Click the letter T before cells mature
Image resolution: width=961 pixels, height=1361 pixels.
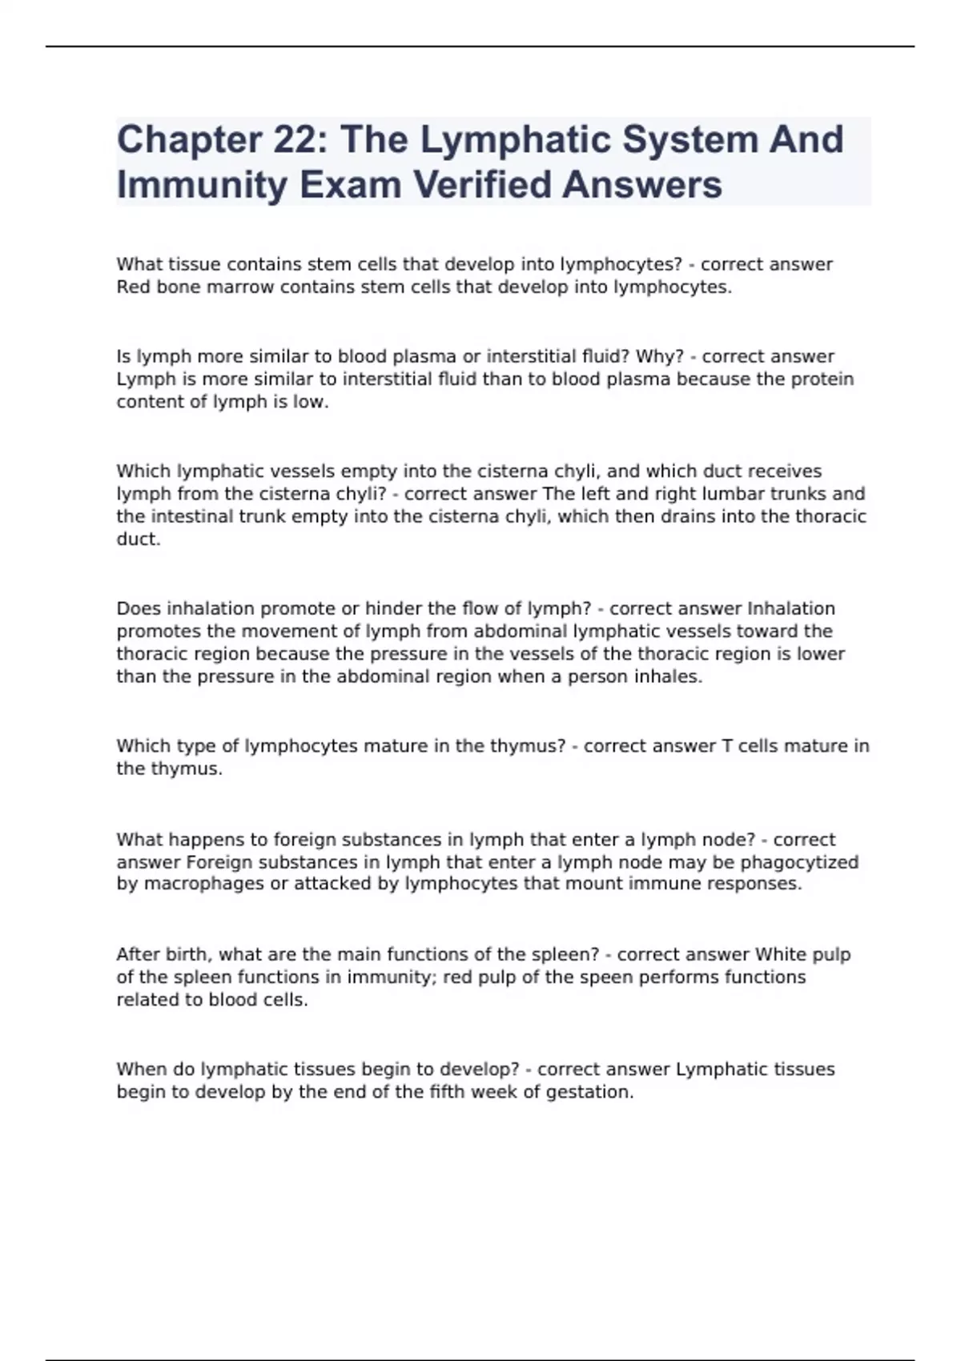tap(727, 746)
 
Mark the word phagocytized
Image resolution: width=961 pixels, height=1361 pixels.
tap(799, 862)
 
